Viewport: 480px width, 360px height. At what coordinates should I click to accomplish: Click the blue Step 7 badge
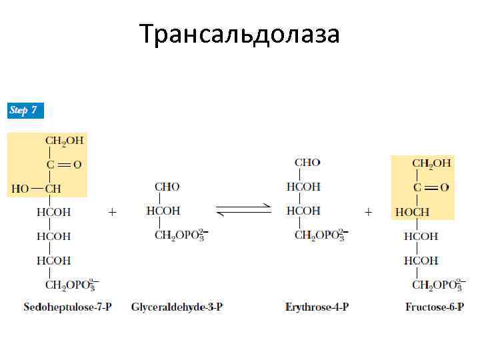point(25,110)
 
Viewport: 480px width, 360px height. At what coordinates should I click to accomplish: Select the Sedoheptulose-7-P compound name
point(67,307)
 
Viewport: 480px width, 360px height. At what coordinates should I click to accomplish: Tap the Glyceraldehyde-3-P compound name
point(177,307)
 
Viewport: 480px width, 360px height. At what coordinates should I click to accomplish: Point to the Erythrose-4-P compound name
point(317,307)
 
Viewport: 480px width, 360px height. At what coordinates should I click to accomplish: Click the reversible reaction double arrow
point(244,210)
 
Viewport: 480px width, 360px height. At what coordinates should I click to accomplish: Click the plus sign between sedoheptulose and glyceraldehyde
point(112,211)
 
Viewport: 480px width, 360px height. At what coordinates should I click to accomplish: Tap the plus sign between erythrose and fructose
point(368,211)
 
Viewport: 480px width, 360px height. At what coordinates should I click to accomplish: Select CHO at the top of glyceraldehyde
point(167,187)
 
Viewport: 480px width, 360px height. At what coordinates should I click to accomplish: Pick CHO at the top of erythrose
point(307,162)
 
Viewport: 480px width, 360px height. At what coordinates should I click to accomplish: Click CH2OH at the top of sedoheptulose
point(64,140)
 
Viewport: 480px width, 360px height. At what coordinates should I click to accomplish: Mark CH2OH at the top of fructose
point(431,163)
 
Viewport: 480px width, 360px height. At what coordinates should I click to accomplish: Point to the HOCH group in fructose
point(412,212)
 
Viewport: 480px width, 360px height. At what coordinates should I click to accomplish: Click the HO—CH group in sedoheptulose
point(37,189)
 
